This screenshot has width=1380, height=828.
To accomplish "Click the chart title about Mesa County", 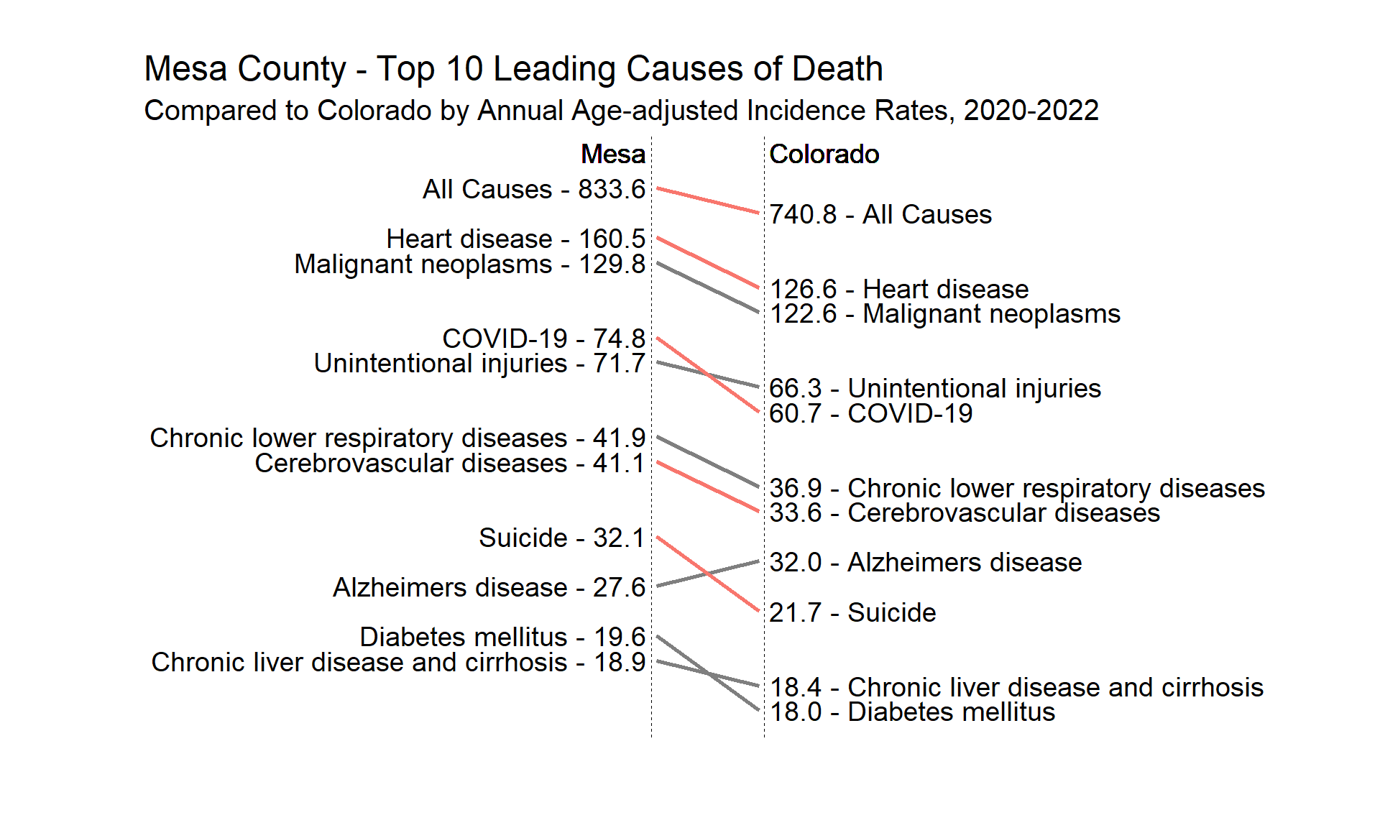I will click(513, 69).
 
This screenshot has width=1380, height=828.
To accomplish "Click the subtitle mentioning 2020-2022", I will click(621, 111).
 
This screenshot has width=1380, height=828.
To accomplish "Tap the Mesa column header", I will click(612, 155).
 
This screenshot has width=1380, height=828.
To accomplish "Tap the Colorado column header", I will click(824, 155).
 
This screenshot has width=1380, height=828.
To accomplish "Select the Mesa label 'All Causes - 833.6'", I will click(533, 190).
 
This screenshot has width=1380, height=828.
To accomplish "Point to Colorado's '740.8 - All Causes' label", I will click(880, 215).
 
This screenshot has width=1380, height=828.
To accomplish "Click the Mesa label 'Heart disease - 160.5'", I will click(515, 239).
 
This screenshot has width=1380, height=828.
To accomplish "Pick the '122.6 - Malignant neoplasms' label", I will click(944, 314).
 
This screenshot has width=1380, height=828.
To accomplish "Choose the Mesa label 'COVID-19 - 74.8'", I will click(543, 339).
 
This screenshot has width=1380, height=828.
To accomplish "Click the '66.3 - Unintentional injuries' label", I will click(934, 389).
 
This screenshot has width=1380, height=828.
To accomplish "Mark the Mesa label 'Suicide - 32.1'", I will click(561, 538).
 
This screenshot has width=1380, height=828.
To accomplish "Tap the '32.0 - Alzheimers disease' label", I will click(925, 563).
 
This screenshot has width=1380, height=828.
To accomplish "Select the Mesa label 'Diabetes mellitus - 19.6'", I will click(502, 638).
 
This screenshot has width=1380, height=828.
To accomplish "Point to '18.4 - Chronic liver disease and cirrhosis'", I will click(1016, 688).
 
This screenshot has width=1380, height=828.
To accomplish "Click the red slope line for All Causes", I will click(708, 201).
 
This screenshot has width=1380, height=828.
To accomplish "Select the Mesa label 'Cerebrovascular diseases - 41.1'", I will click(449, 464).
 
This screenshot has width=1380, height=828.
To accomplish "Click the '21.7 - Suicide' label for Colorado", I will click(852, 613).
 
